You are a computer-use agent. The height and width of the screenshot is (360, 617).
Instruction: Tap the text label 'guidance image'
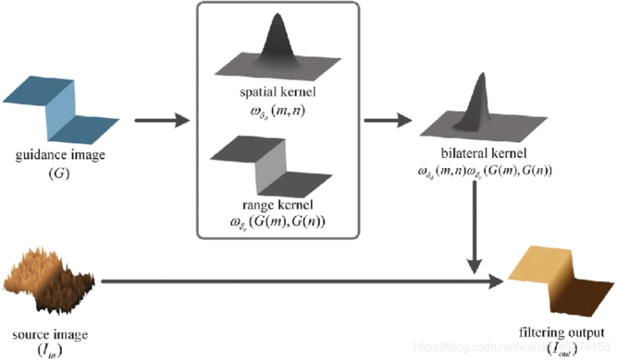pos(60,156)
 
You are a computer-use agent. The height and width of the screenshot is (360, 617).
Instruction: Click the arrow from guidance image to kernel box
pos(161,119)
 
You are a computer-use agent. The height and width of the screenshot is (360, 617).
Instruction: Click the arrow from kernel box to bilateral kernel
pos(390,119)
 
